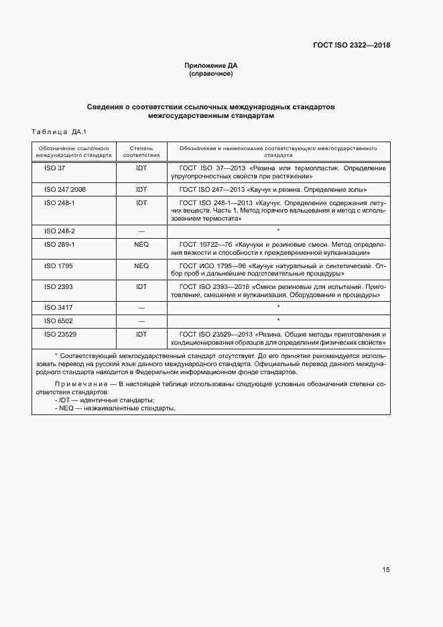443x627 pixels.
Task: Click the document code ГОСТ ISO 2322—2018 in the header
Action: (x=351, y=46)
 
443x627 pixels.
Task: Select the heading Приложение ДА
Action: (x=211, y=65)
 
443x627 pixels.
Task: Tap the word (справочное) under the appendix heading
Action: (x=211, y=74)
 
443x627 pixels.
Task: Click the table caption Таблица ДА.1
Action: (x=60, y=131)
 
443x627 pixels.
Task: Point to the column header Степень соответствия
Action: (x=141, y=150)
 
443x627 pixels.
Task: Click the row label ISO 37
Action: (x=54, y=168)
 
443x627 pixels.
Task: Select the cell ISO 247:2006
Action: (x=65, y=190)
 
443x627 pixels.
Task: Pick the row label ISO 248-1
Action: (x=59, y=203)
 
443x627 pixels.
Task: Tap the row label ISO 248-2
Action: (x=59, y=231)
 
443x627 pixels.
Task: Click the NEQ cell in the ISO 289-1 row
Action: (x=141, y=244)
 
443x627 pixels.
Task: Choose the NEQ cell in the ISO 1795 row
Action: (x=141, y=266)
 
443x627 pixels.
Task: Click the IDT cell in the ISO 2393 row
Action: (x=141, y=286)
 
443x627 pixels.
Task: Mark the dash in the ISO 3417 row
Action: (x=141, y=307)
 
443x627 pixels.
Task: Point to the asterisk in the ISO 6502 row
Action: (x=277, y=321)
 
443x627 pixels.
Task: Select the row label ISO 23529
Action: (x=61, y=334)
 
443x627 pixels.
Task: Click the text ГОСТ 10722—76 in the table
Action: (x=206, y=244)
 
